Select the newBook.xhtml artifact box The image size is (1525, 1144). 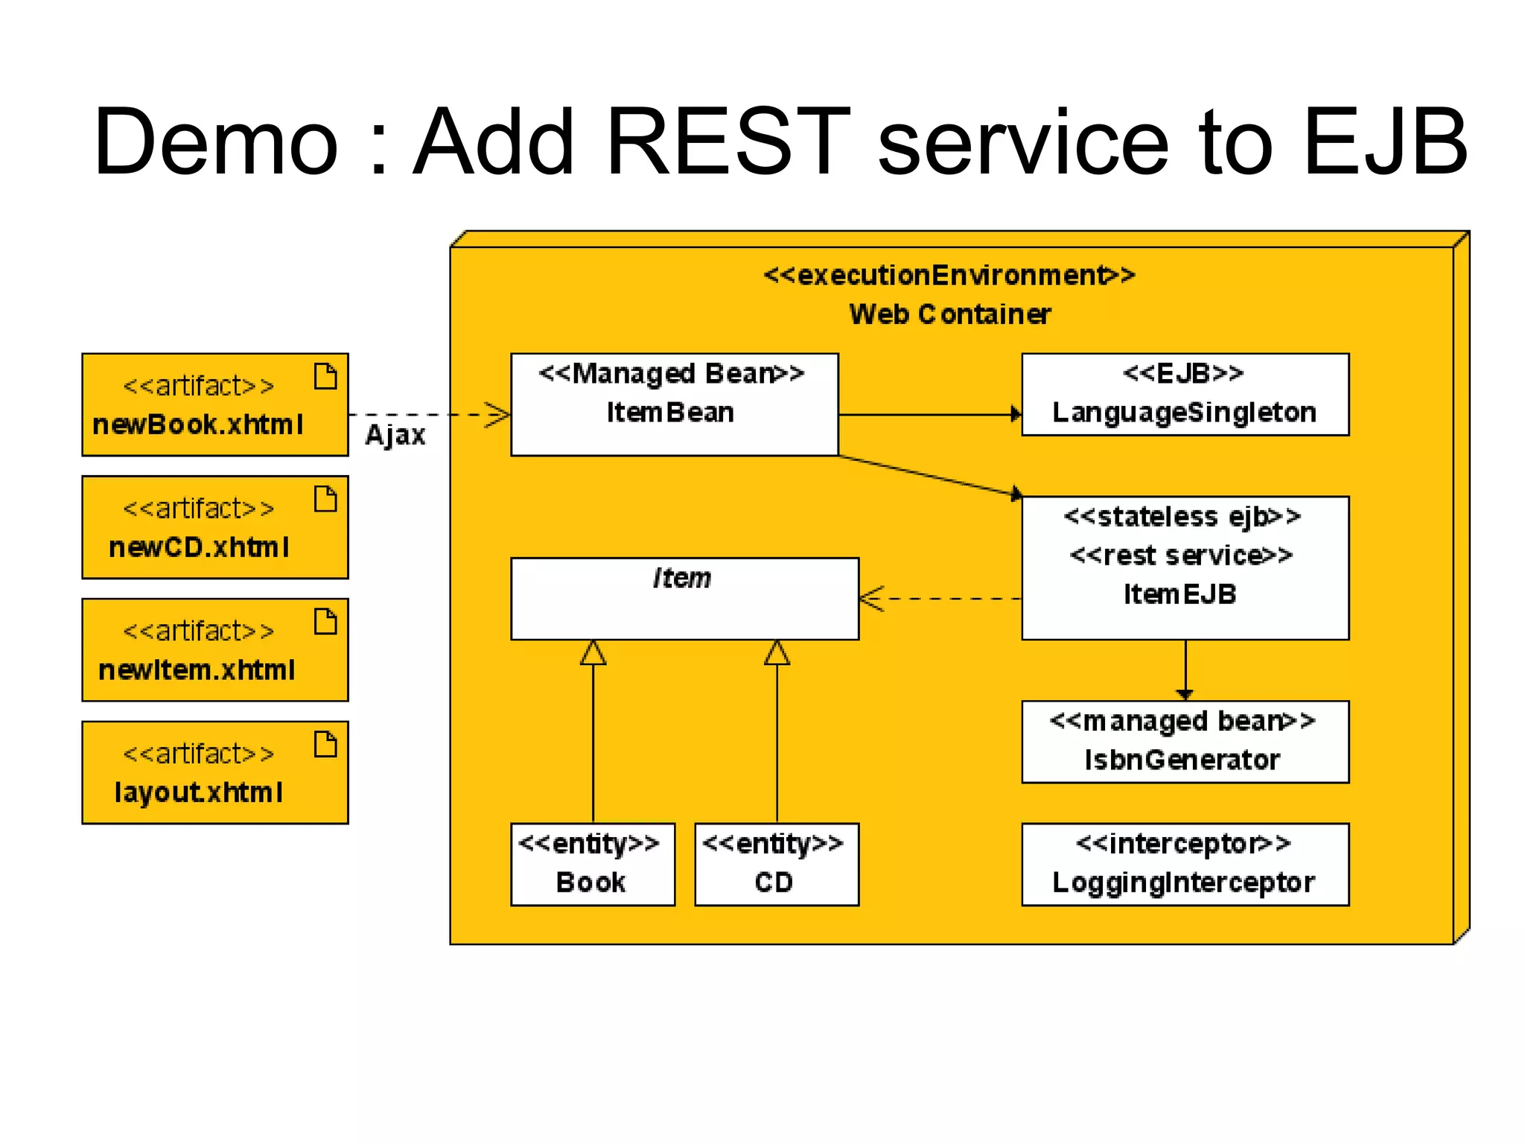214,404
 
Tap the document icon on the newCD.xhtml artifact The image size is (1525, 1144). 325,498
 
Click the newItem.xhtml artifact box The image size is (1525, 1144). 214,649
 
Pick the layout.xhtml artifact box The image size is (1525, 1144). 214,772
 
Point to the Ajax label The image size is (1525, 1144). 395,435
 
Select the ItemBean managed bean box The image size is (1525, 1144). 674,404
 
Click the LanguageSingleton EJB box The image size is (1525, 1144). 1185,395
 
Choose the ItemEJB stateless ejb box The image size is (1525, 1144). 1185,568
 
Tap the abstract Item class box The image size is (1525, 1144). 684,598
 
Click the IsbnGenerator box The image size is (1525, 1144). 1185,742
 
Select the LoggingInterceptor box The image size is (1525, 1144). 1185,864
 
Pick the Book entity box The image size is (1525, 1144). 593,864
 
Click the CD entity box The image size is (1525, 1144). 776,864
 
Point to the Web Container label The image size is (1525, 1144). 950,314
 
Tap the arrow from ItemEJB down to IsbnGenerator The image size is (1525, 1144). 1185,670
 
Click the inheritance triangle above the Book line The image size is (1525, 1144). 593,653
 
